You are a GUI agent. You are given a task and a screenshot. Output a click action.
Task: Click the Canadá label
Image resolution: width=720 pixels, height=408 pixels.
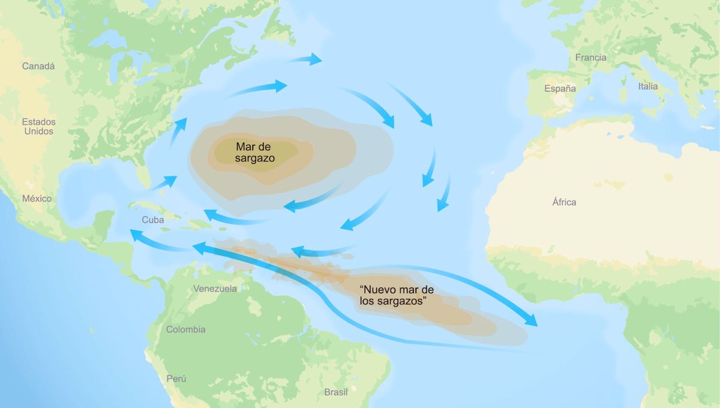click(x=38, y=66)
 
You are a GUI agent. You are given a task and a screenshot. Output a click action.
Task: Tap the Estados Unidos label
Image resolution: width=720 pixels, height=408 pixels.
click(x=38, y=126)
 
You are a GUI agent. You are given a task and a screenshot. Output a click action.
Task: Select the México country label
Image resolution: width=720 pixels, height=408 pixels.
click(x=37, y=199)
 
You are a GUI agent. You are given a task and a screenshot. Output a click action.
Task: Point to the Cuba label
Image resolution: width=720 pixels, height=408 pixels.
click(x=152, y=220)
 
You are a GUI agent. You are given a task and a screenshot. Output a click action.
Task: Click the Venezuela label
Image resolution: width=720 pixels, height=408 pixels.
click(x=215, y=289)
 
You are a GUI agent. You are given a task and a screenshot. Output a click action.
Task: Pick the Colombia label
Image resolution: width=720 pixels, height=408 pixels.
click(x=185, y=329)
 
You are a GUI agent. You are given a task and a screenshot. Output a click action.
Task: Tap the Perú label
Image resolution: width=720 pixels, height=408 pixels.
click(x=176, y=379)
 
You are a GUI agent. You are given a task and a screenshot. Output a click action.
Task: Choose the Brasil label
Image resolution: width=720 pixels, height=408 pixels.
click(x=335, y=392)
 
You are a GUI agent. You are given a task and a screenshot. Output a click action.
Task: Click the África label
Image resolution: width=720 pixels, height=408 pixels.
click(x=564, y=202)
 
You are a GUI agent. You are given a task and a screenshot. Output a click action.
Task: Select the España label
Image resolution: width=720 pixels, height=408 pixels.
click(x=560, y=88)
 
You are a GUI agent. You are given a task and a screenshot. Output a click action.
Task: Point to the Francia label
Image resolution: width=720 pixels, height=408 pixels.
click(x=590, y=58)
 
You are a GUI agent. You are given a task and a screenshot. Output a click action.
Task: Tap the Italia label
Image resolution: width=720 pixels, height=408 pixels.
click(x=648, y=86)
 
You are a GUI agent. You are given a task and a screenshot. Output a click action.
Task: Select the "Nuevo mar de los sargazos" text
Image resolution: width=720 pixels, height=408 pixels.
click(x=397, y=295)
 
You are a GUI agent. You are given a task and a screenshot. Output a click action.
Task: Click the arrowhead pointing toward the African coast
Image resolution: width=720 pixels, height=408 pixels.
click(x=531, y=321)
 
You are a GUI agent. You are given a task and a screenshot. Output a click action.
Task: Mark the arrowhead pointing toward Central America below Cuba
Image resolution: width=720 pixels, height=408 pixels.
click(x=136, y=234)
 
